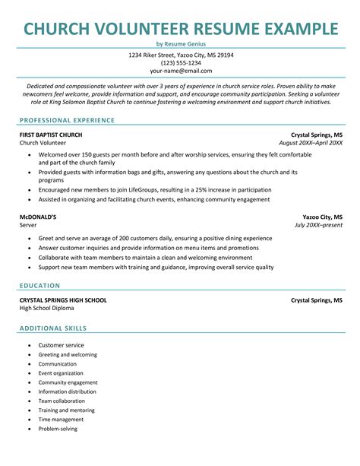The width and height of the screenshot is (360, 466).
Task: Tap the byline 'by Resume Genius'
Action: pyautogui.click(x=180, y=45)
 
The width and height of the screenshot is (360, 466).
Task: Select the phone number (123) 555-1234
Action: pyautogui.click(x=180, y=63)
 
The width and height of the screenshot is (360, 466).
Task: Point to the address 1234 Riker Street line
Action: pyautogui.click(x=180, y=55)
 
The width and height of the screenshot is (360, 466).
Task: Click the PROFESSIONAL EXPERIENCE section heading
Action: pyautogui.click(x=68, y=120)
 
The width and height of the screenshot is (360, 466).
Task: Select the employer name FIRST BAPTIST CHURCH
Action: pyautogui.click(x=51, y=134)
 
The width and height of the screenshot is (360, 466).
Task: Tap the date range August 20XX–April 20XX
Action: pyautogui.click(x=311, y=142)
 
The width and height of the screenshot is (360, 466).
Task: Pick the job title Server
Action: pyautogui.click(x=29, y=226)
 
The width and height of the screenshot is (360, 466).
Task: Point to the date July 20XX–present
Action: pyautogui.click(x=318, y=226)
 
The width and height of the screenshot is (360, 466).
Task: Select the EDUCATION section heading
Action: pyautogui.click(x=40, y=285)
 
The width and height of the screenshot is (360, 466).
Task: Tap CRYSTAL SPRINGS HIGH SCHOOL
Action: pyautogui.click(x=63, y=300)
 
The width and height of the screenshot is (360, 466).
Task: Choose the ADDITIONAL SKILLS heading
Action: pyautogui.click(x=53, y=328)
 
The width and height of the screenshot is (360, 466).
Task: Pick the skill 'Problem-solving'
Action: pyautogui.click(x=58, y=429)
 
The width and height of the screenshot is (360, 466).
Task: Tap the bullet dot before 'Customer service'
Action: pyautogui.click(x=29, y=345)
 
